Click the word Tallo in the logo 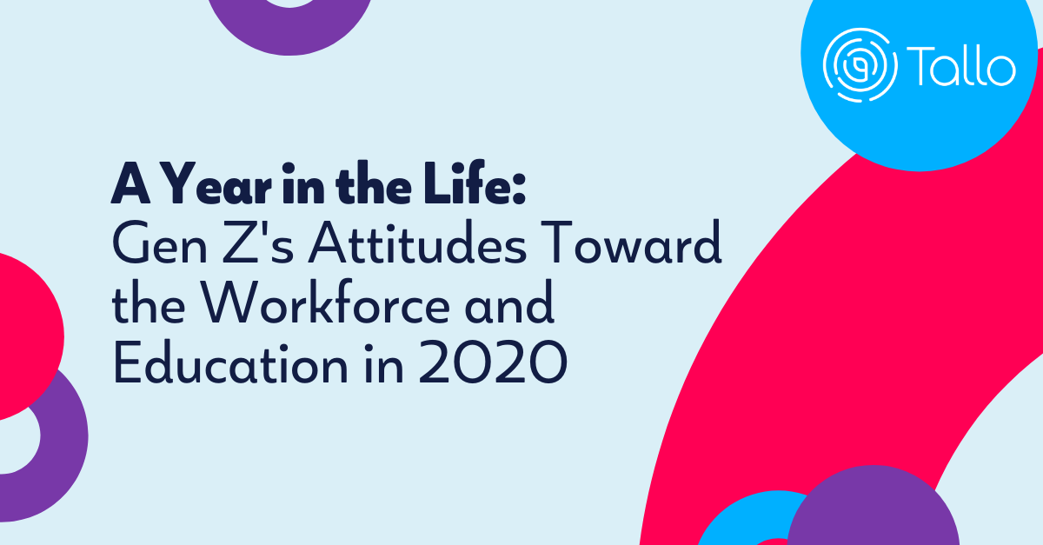point(961,66)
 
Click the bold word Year point(218,183)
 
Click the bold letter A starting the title point(130,183)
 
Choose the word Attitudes point(417,243)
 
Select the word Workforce point(325,302)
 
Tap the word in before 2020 point(383,364)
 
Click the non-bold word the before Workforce point(149,302)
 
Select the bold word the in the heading point(374,183)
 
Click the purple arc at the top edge point(289,33)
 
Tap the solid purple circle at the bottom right point(873,508)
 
